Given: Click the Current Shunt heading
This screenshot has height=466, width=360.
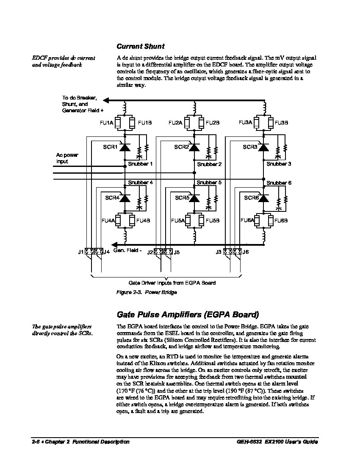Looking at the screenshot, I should (x=140, y=46).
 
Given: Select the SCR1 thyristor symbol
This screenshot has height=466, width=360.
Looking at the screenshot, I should (x=125, y=147).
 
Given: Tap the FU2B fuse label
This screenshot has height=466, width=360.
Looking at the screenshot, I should (x=213, y=123).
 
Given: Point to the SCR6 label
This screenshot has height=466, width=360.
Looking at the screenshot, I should (x=251, y=198).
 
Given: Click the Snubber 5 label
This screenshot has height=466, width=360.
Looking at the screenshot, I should (x=209, y=183).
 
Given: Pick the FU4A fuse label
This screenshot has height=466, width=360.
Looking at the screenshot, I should (x=108, y=221).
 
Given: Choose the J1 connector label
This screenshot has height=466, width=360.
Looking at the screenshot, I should (x=80, y=252).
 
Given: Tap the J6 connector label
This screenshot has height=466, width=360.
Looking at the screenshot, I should (x=246, y=252).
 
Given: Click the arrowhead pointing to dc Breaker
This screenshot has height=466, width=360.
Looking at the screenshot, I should (x=106, y=100).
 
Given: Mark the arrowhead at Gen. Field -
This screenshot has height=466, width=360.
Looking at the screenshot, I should (x=114, y=244).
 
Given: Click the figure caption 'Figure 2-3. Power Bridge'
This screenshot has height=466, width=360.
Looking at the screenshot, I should (x=147, y=292).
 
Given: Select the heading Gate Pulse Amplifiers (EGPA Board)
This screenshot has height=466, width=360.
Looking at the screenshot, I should (x=187, y=315).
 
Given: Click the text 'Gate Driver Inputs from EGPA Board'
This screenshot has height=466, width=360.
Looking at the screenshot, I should (x=172, y=283).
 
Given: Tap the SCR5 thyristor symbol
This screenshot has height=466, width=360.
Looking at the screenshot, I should (x=194, y=198).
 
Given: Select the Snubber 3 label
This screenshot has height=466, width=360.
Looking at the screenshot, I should (x=279, y=164).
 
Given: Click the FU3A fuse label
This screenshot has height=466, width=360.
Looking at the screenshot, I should (x=246, y=122).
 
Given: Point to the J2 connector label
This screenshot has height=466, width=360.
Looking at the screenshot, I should (x=150, y=252).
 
